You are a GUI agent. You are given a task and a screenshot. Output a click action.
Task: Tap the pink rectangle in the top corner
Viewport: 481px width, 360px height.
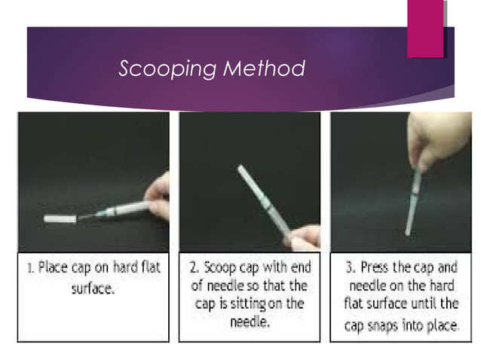click(x=425, y=29)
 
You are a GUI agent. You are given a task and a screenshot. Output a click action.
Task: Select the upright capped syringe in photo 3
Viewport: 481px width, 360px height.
click(x=414, y=200)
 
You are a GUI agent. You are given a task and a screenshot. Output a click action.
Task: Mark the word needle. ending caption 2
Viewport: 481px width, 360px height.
click(x=249, y=322)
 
